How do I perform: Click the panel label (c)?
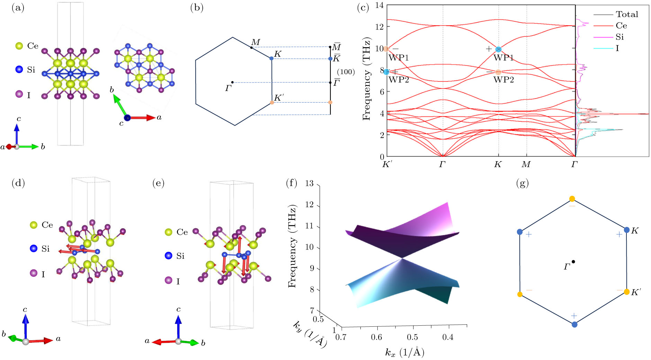363,8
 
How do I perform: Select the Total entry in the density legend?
627,14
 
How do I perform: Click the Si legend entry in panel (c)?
619,37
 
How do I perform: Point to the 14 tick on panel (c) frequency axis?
380,5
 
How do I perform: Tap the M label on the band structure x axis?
526,164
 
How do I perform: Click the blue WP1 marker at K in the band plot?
498,50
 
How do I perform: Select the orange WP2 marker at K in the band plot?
498,72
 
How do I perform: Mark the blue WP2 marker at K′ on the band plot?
386,72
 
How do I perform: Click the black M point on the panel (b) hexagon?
251,47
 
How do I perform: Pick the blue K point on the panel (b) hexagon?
271,59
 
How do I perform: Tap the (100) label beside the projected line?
346,72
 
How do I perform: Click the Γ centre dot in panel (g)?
573,262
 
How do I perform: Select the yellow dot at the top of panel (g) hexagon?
572,199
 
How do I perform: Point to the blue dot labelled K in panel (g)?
626,230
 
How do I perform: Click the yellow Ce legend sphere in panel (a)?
19,46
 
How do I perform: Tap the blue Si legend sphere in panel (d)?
34,248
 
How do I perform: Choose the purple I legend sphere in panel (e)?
169,280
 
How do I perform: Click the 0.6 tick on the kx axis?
376,337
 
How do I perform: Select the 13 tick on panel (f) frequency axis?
309,183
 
